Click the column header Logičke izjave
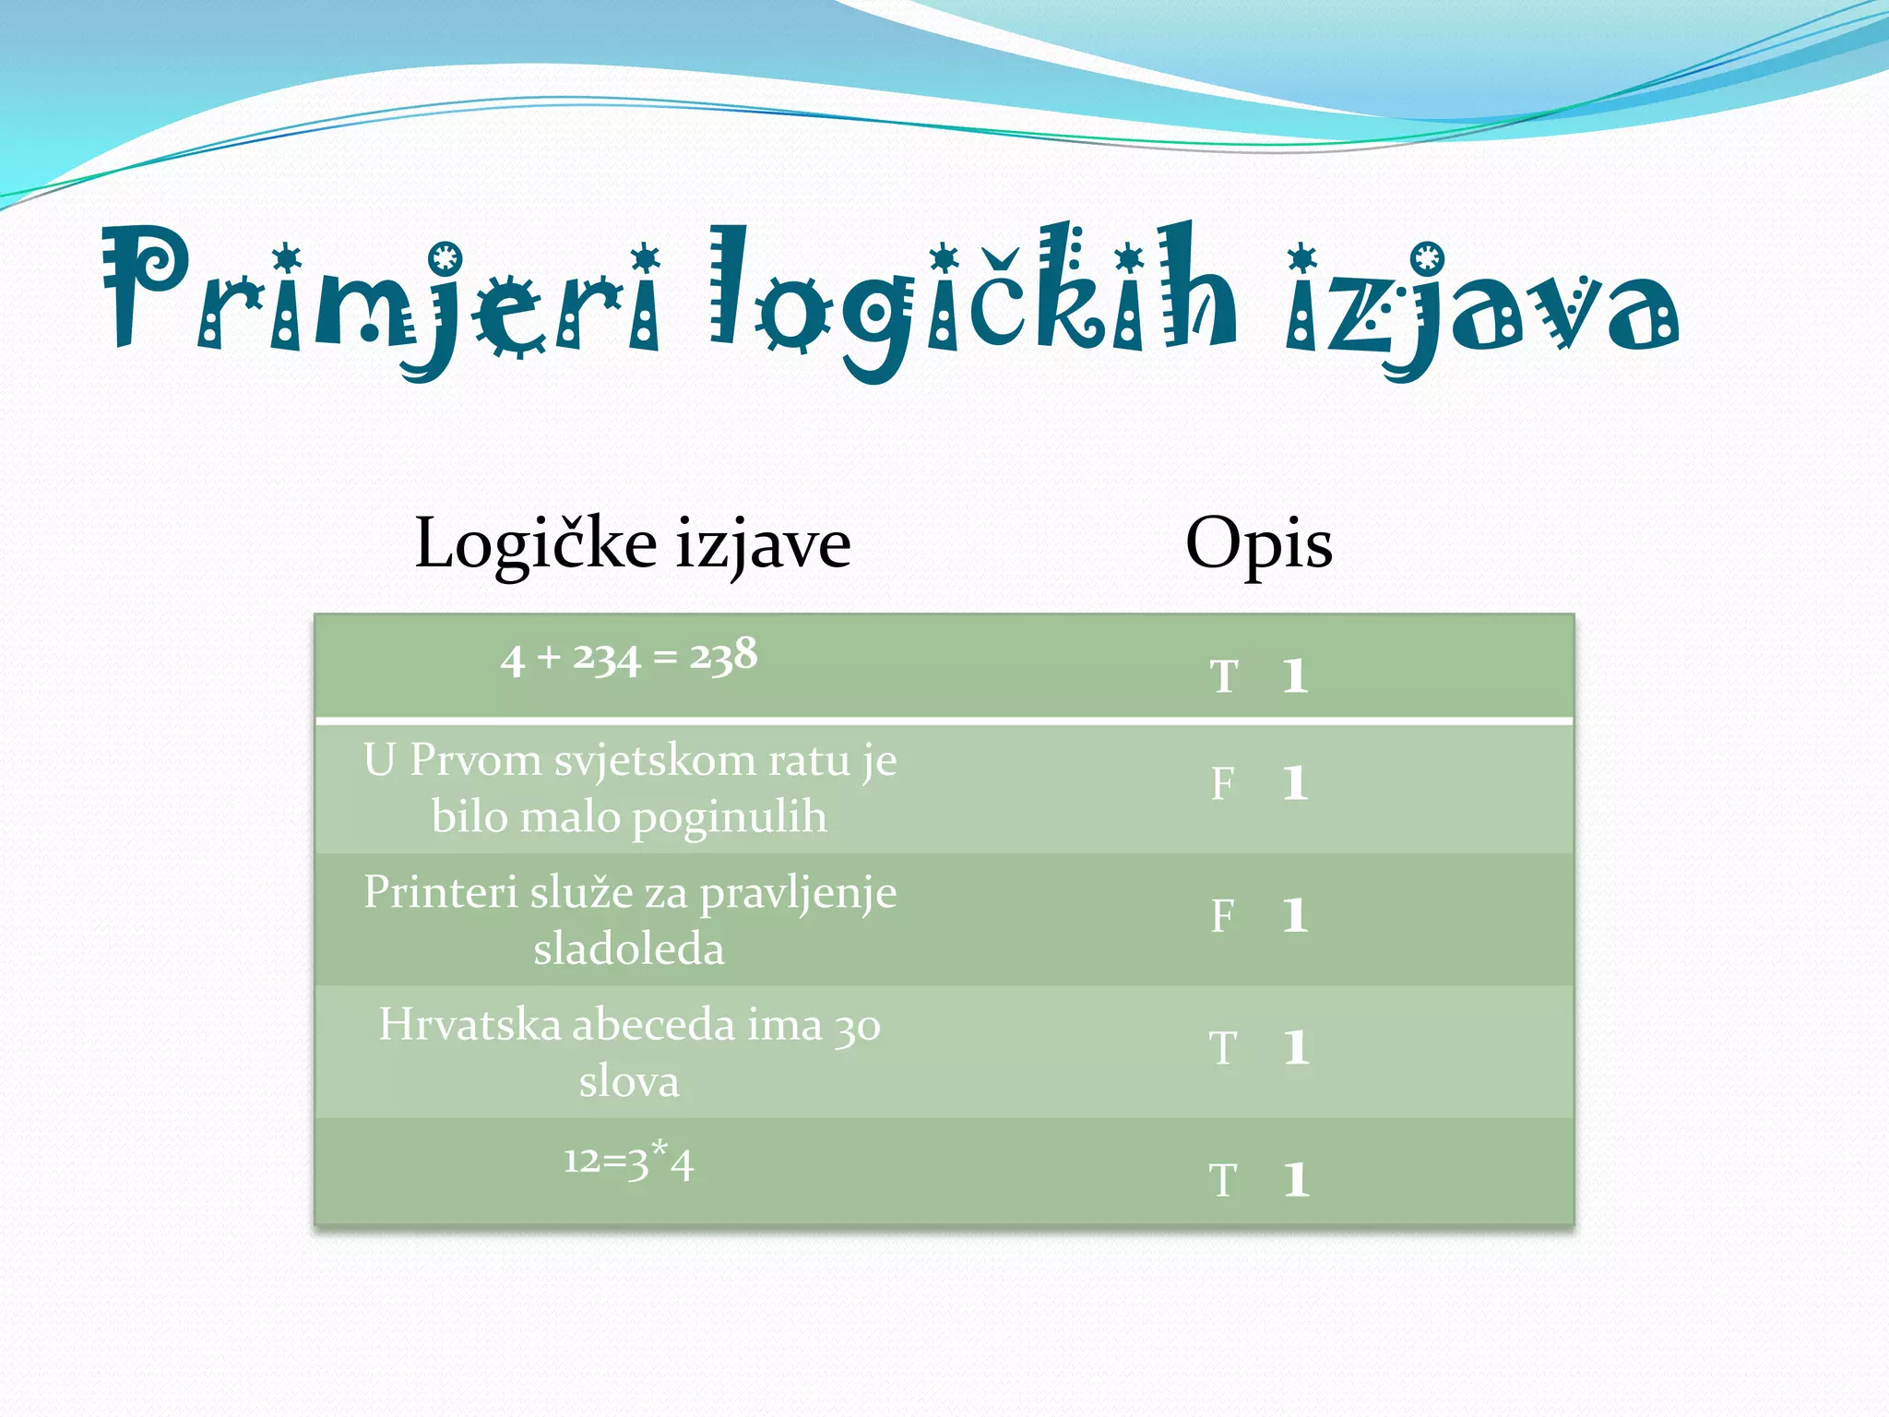[632, 544]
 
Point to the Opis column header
[1258, 544]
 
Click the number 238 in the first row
[724, 656]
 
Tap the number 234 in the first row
[606, 659]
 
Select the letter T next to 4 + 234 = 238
[1224, 676]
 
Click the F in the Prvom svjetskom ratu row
[1223, 784]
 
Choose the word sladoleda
[629, 950]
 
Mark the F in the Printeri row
[1223, 917]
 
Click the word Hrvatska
[469, 1025]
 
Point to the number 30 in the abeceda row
[858, 1028]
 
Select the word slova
[629, 1082]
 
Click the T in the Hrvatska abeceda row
[1224, 1049]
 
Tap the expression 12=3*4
[628, 1161]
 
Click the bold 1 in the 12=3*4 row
[1296, 1180]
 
